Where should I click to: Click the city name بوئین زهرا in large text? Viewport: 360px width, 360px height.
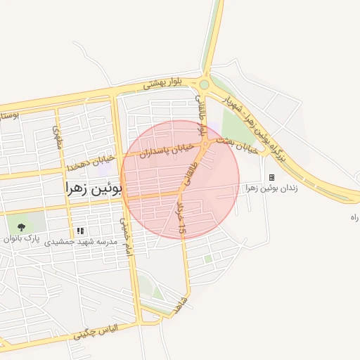coord(93,188)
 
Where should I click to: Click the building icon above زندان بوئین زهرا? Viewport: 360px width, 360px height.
coord(271,177)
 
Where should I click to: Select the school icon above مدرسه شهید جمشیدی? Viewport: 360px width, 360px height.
coord(80,230)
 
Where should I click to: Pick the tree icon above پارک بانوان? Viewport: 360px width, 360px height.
coord(21,227)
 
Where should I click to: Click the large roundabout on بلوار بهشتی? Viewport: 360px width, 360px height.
coord(204,84)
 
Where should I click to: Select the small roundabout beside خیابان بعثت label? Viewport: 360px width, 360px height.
coord(205,143)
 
